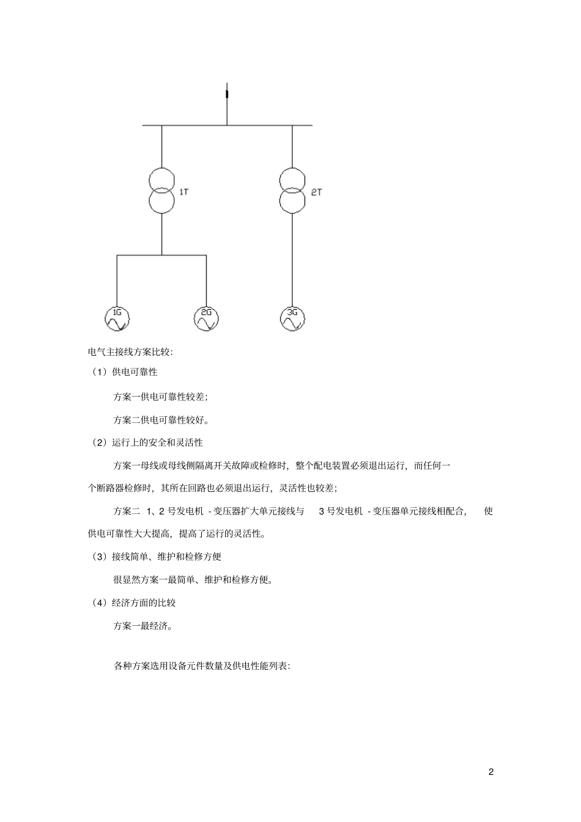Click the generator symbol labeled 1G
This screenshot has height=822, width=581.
coord(117,318)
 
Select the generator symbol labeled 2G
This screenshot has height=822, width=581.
coord(206,318)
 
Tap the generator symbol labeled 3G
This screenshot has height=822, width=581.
coord(292,318)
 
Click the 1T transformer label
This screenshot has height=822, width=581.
coord(183,192)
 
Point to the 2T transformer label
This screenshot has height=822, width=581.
coord(316,192)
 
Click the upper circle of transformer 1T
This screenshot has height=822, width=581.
coord(161,180)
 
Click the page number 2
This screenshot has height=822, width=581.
coord(491,771)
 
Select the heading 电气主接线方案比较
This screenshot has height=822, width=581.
coord(131,351)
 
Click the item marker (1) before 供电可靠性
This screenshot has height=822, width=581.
coord(98,372)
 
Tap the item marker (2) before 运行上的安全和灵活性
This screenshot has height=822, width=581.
coord(98,442)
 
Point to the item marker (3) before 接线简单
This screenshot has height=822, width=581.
coord(98,556)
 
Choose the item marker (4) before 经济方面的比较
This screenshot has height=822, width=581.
coord(98,603)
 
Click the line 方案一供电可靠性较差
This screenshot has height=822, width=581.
coord(160,396)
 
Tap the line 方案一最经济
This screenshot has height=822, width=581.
coord(143,626)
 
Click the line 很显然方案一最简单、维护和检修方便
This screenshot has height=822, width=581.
coord(193,579)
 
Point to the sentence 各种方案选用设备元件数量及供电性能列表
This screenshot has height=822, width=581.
coord(202,666)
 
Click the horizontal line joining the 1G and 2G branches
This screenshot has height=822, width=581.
coord(161,255)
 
